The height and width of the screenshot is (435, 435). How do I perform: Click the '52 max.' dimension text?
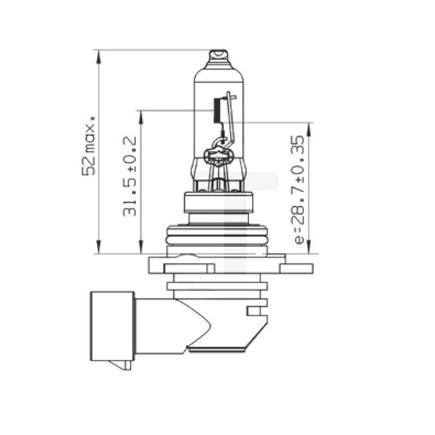click(88, 146)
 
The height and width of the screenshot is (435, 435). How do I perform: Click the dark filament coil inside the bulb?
click(216, 110)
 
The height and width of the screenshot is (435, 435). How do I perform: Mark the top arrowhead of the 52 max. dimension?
click(99, 56)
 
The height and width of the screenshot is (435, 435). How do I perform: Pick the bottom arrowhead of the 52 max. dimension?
click(99, 248)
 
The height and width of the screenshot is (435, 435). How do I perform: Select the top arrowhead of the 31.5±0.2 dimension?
click(141, 115)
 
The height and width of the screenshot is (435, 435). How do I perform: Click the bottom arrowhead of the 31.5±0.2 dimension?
click(141, 248)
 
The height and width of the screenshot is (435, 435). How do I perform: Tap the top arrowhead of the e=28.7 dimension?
click(309, 128)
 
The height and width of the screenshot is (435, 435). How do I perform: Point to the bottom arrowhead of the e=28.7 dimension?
click(309, 248)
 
